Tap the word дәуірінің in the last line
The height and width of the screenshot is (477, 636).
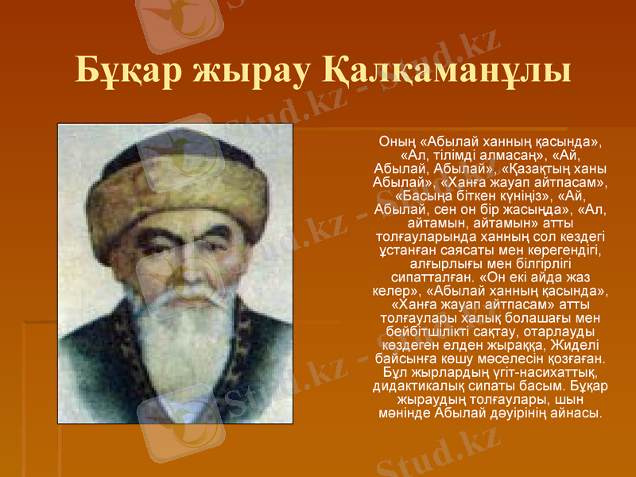click(x=517, y=413)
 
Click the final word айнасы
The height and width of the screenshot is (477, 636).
click(x=578, y=413)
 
